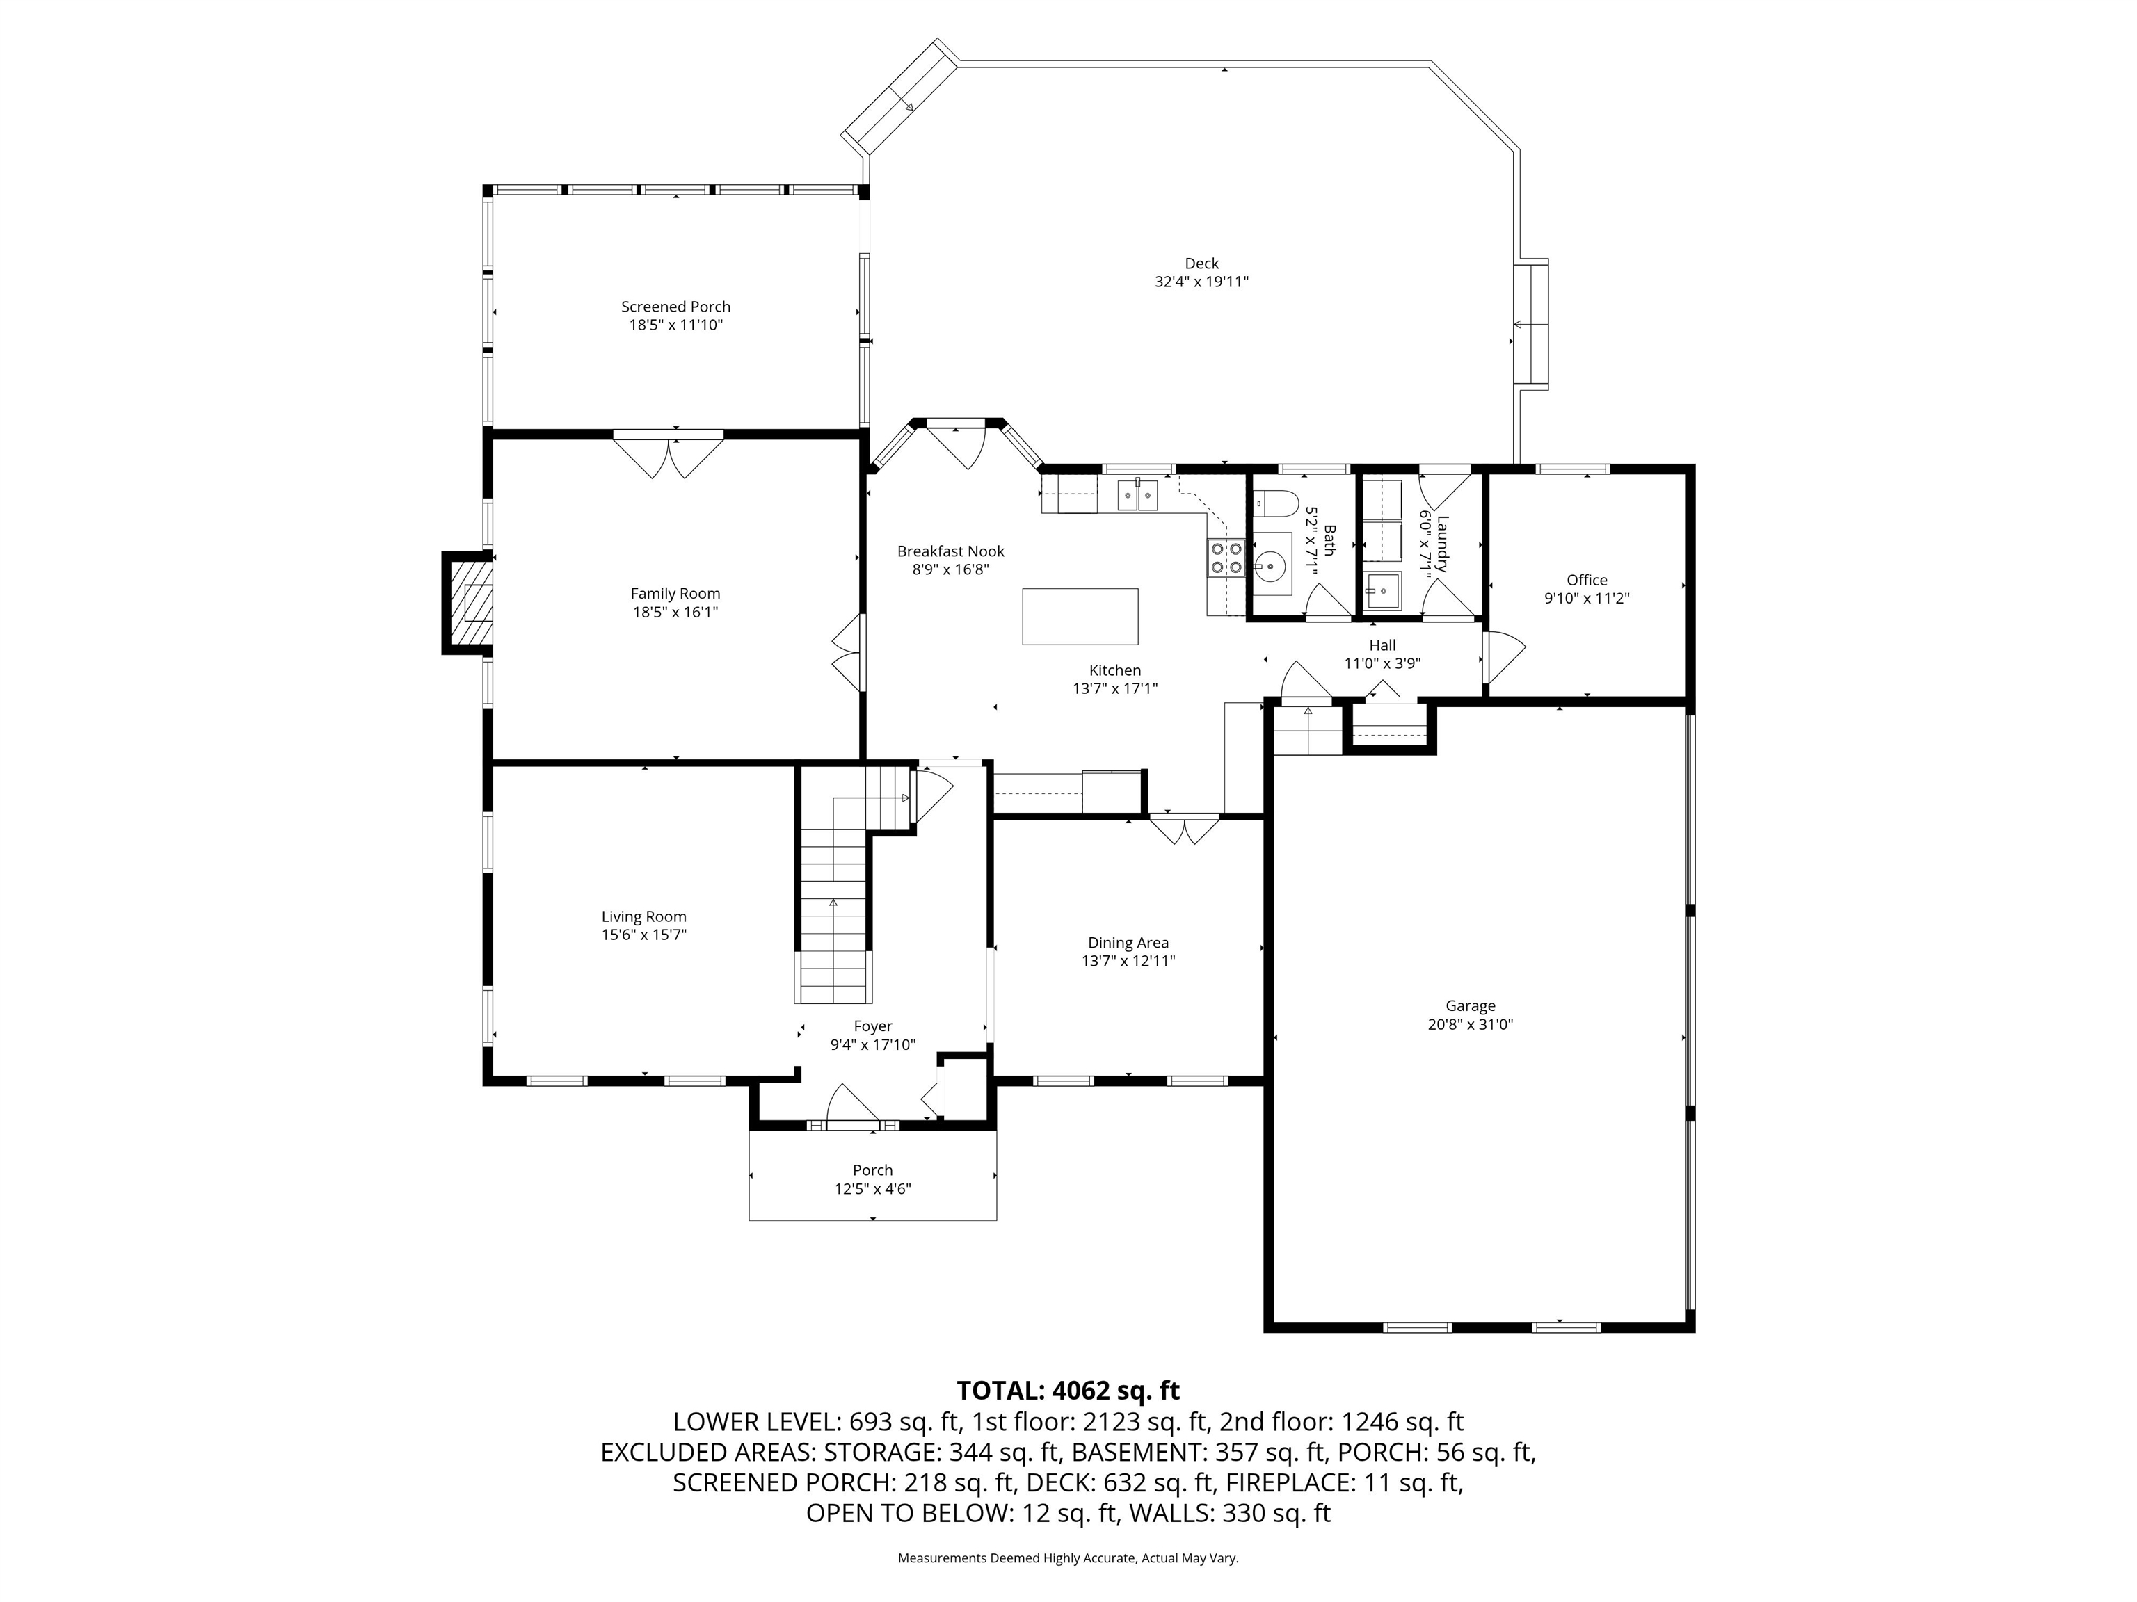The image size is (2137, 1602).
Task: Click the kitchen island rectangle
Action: pyautogui.click(x=1080, y=616)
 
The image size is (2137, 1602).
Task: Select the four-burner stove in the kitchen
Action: pyautogui.click(x=1225, y=558)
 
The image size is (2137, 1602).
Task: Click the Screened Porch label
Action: pyautogui.click(x=675, y=306)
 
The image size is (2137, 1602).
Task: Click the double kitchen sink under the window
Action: pyautogui.click(x=1138, y=495)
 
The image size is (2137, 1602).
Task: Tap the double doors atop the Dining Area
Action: pyautogui.click(x=1185, y=830)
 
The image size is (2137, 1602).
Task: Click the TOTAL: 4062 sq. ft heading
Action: pyautogui.click(x=1068, y=1391)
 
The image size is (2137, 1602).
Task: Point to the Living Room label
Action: pyautogui.click(x=643, y=916)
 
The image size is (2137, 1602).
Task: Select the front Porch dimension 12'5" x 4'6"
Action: pyautogui.click(x=872, y=1189)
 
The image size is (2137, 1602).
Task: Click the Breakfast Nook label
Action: pyautogui.click(x=951, y=551)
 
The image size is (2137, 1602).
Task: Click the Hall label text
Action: pyautogui.click(x=1382, y=645)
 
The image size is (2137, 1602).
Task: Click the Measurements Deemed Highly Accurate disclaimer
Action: pyautogui.click(x=1068, y=1557)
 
